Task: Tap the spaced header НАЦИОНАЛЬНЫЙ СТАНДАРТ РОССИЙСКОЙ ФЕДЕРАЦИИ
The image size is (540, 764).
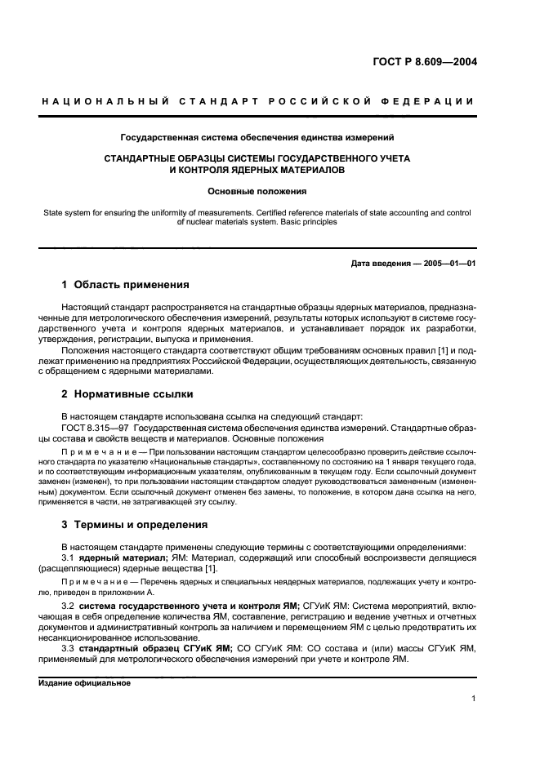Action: [257, 101]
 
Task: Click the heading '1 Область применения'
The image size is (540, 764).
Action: [126, 285]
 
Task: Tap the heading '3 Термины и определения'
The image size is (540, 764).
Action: [135, 524]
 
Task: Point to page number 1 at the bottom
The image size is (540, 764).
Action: [473, 699]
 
